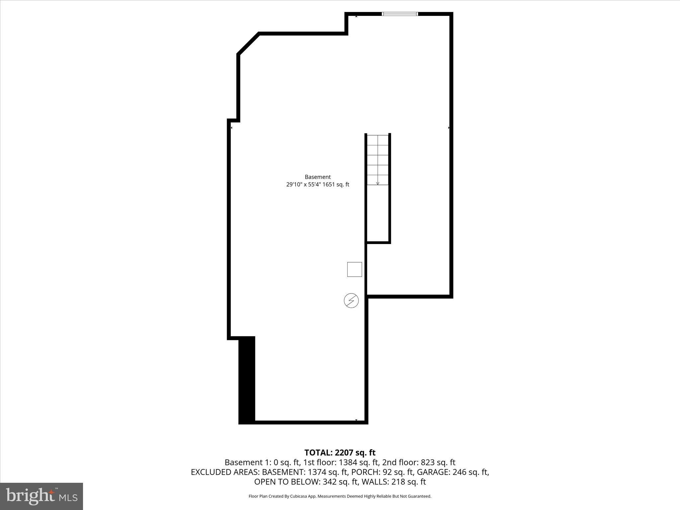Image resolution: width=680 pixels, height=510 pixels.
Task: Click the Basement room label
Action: coord(318,177)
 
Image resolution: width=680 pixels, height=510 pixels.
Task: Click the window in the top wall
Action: coord(400,14)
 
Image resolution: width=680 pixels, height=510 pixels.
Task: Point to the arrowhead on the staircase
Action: coord(378,183)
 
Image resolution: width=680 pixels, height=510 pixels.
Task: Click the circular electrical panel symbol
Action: coord(351,301)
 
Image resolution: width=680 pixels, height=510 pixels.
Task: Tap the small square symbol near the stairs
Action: coord(355,269)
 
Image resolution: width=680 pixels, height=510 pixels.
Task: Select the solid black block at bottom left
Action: coord(247,380)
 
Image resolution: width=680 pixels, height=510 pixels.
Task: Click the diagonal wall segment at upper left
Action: coord(248,43)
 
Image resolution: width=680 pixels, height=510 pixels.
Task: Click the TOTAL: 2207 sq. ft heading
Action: coord(340,453)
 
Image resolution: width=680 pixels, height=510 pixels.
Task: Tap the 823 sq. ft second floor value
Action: coord(438,463)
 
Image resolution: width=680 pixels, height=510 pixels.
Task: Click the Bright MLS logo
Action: coord(42,496)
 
